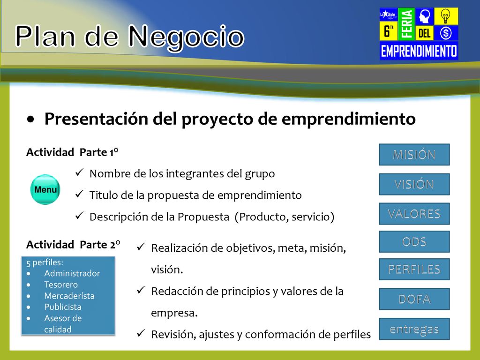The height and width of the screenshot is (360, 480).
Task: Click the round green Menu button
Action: pyautogui.click(x=45, y=189)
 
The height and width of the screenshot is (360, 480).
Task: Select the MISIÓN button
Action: pyautogui.click(x=414, y=155)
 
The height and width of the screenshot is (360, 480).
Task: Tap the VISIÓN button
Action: pyautogui.click(x=414, y=184)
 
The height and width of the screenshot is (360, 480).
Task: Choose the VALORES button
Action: pyautogui.click(x=414, y=214)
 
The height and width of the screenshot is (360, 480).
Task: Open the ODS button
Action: pyautogui.click(x=414, y=241)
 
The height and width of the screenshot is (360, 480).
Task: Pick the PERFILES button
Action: pyautogui.click(x=414, y=269)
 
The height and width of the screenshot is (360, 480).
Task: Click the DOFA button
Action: pyautogui.click(x=414, y=299)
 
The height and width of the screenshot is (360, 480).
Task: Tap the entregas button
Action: pyautogui.click(x=414, y=329)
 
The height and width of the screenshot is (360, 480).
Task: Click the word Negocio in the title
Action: pyautogui.click(x=186, y=37)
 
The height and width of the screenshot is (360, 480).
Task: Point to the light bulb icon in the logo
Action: pyautogui.click(x=446, y=16)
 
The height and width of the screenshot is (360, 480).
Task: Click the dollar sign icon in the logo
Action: pyautogui.click(x=446, y=33)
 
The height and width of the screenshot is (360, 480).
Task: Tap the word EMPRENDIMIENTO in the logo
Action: pyautogui.click(x=419, y=51)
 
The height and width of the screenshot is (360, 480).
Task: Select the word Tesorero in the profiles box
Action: pyautogui.click(x=61, y=285)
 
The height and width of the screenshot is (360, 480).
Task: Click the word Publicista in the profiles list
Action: pyautogui.click(x=63, y=307)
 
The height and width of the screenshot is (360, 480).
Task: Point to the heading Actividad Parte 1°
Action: pyautogui.click(x=72, y=152)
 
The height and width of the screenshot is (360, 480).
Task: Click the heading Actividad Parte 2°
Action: pyautogui.click(x=73, y=245)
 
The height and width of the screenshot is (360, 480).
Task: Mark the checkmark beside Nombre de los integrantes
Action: pyautogui.click(x=79, y=172)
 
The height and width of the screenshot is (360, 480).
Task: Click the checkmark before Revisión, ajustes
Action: pyautogui.click(x=141, y=333)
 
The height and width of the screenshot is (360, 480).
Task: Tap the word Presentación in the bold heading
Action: pyautogui.click(x=97, y=119)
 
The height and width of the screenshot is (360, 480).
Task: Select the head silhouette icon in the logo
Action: pyautogui.click(x=425, y=16)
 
